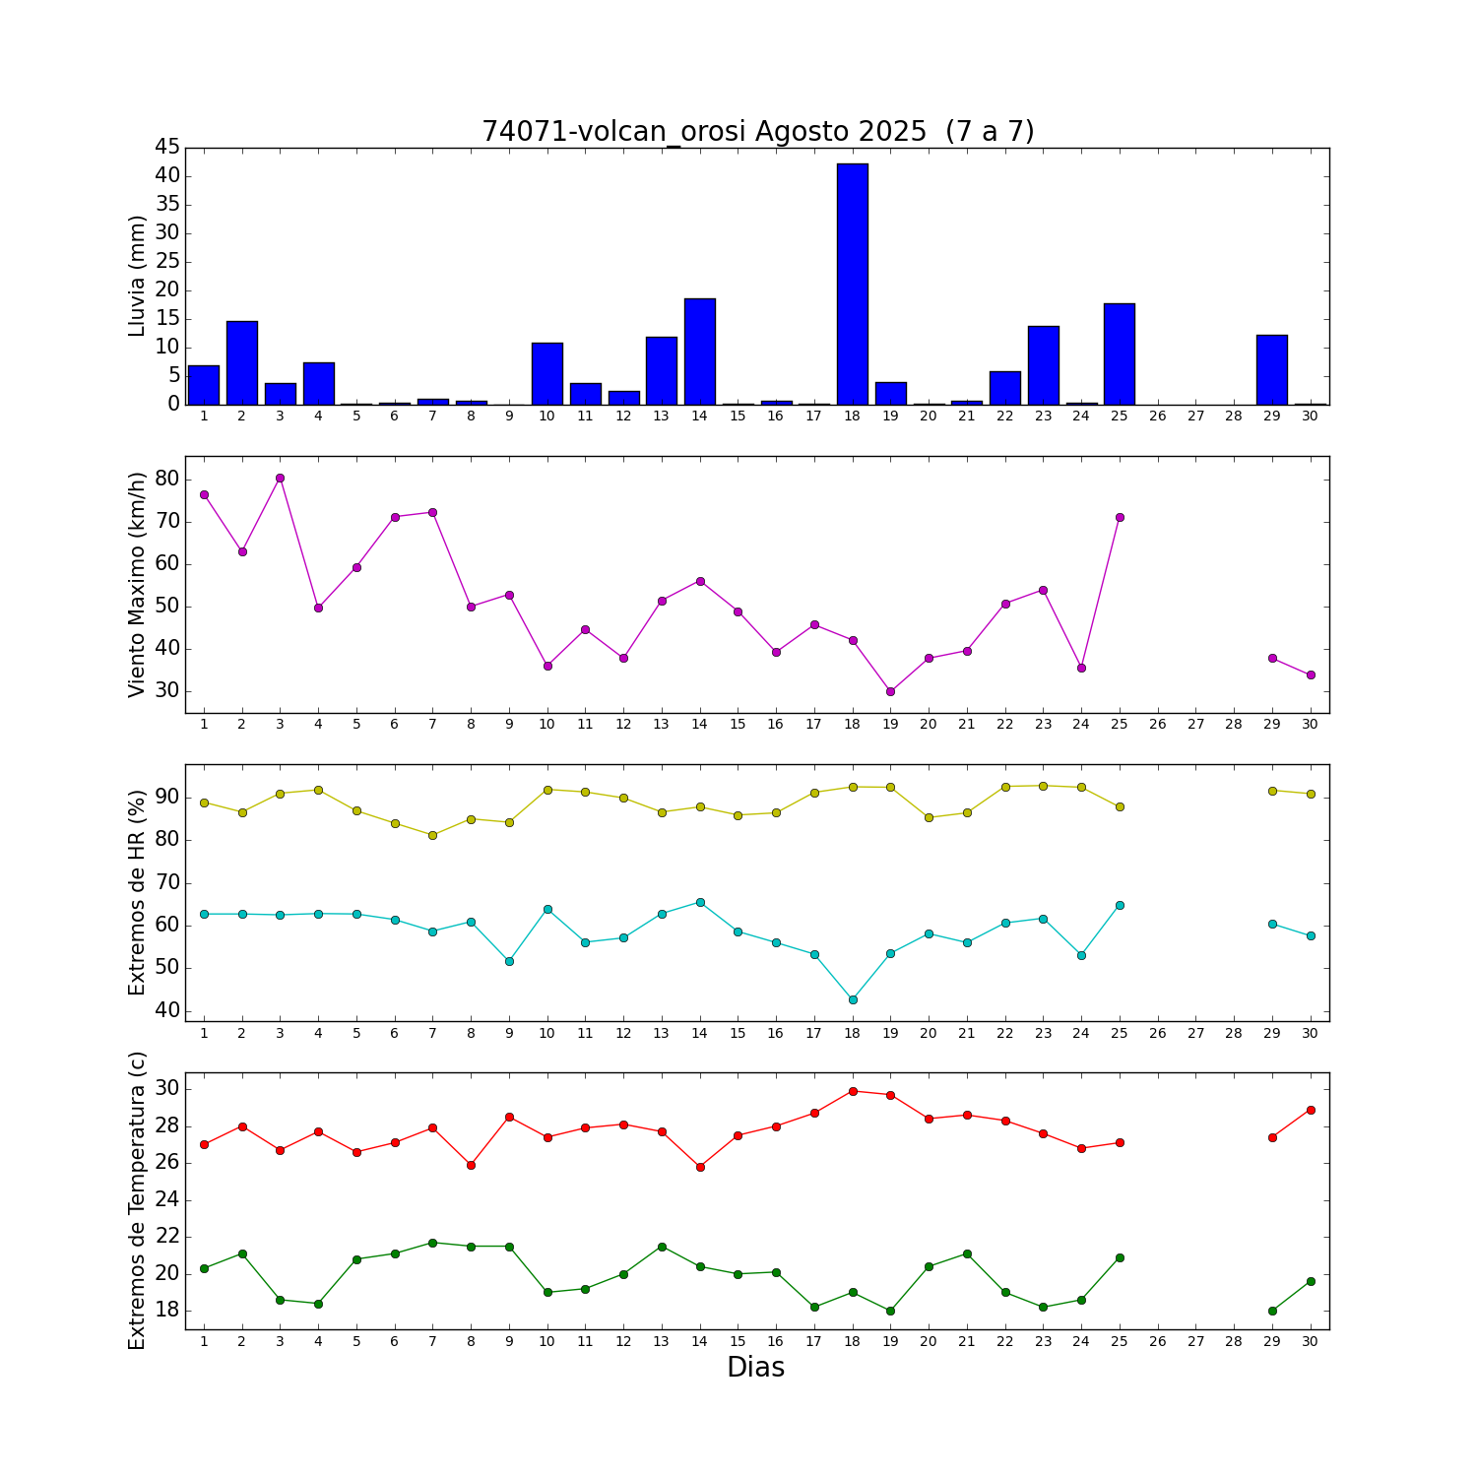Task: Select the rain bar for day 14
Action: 699,352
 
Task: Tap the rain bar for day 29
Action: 1271,369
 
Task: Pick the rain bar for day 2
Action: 242,362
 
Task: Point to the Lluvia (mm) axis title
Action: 138,276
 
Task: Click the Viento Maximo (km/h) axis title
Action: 138,584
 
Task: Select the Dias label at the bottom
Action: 755,1368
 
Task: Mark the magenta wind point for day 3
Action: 280,478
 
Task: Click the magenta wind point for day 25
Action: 1120,517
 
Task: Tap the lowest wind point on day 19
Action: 890,691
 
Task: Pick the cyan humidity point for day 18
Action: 853,999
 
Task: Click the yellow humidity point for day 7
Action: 432,835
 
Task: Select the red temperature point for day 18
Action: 853,1091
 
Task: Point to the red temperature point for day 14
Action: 700,1167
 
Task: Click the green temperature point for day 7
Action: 432,1243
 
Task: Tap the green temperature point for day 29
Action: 1272,1311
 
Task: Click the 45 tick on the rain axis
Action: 167,148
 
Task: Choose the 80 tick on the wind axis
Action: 167,479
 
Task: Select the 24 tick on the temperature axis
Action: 167,1199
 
